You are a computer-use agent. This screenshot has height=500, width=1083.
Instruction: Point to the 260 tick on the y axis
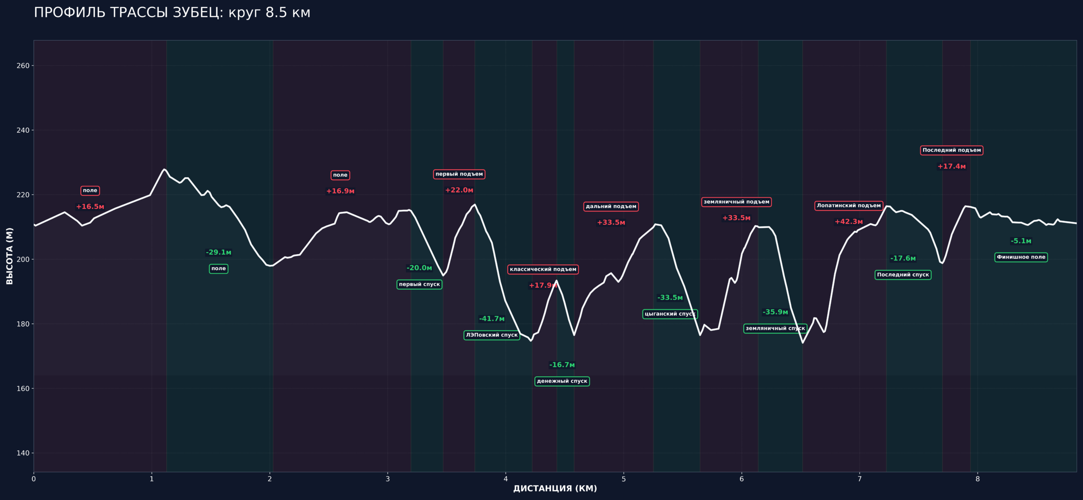coord(23,66)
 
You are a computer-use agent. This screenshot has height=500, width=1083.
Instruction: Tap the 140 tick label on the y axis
coord(23,453)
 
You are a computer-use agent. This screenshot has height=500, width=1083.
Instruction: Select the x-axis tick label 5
coord(624,479)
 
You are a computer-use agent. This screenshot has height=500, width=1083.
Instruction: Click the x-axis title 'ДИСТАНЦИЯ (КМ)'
coord(555,489)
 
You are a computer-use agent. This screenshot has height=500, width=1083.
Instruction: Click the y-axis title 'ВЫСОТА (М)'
coord(10,256)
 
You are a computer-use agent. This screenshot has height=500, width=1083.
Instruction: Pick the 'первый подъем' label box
coord(459,174)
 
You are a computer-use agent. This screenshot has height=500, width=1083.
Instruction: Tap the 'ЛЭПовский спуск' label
coord(492,335)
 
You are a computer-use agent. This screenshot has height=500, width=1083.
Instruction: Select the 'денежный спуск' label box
coord(562,381)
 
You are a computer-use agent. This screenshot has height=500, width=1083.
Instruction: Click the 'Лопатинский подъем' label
coord(849,206)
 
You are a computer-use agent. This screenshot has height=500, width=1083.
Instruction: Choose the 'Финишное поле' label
coord(1021,257)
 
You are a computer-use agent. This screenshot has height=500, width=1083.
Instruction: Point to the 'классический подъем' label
coord(543,269)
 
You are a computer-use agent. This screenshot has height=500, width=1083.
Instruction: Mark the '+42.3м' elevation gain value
coord(849,222)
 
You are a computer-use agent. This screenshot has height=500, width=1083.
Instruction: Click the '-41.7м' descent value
coord(492,319)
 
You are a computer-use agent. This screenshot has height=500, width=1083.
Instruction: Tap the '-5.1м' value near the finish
coord(1021,241)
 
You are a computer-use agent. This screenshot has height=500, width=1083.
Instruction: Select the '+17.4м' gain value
coord(951,167)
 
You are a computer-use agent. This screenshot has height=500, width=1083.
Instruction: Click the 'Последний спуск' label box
coord(903,275)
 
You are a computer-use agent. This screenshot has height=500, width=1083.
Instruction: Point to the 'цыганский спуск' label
coord(670,314)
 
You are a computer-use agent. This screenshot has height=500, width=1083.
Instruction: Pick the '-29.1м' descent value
coord(218,253)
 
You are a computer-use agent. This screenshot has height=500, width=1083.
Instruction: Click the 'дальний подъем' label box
coord(611,206)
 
